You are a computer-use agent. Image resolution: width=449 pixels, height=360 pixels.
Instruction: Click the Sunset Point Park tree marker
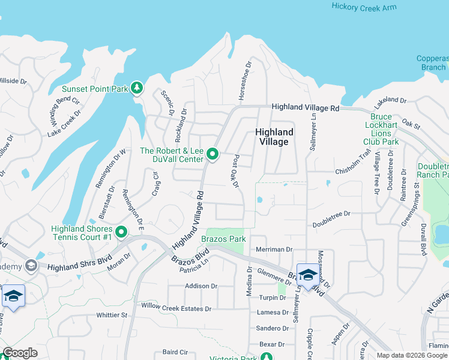[x=137, y=89]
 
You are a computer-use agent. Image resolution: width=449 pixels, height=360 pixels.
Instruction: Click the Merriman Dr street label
[x=273, y=249]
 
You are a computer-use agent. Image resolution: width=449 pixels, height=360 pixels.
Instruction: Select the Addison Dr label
[x=201, y=286]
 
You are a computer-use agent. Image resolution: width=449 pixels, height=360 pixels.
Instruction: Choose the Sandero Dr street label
[x=273, y=328]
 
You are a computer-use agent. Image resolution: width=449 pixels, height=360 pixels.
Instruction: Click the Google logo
[x=20, y=353]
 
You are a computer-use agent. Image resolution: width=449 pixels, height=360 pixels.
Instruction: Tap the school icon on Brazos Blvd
[x=308, y=275]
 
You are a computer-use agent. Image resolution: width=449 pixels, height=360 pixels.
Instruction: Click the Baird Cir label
[x=176, y=352]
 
